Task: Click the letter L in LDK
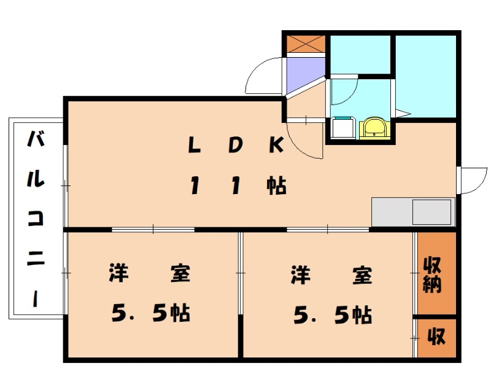click(195, 146)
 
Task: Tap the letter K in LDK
click(276, 146)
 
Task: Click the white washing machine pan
click(341, 129)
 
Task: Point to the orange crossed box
click(305, 44)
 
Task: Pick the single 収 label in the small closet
click(436, 337)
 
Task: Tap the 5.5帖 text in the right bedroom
click(331, 314)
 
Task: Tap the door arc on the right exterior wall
click(473, 181)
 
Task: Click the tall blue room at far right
click(425, 76)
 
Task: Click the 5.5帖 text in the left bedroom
click(150, 314)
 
